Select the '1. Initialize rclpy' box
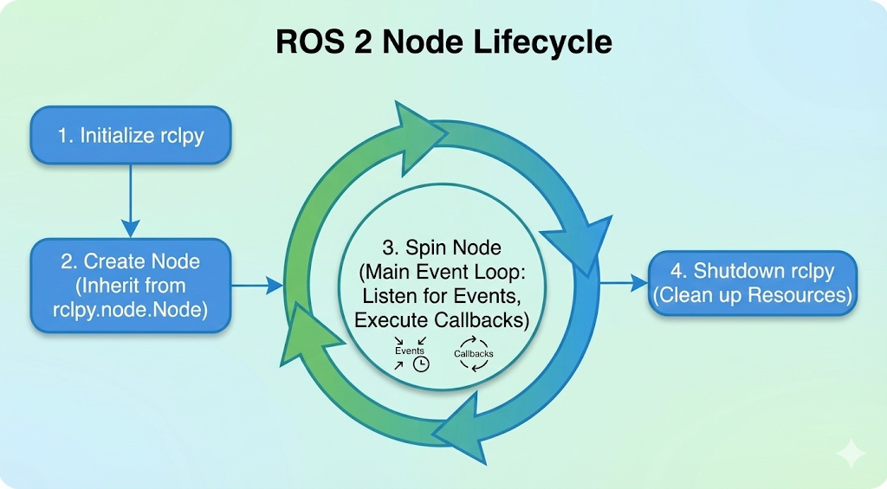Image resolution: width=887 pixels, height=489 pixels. (x=131, y=135)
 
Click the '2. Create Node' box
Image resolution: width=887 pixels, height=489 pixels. (x=131, y=286)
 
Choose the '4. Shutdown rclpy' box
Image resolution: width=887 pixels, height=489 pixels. (x=753, y=283)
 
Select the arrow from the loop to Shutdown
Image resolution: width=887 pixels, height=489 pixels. (x=624, y=282)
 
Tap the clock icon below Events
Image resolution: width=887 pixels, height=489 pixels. (x=421, y=364)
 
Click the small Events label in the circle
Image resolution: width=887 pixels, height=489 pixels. (x=409, y=351)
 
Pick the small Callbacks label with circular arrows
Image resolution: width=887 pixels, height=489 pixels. (x=473, y=354)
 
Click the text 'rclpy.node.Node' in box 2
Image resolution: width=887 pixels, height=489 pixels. (x=131, y=309)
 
